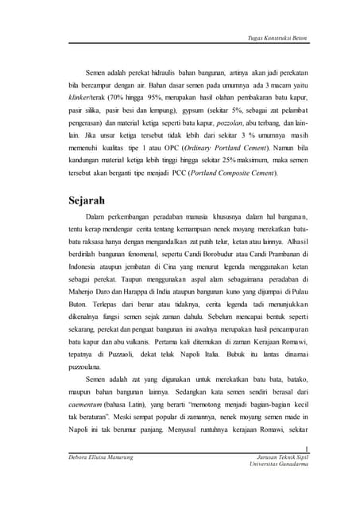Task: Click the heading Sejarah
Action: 91,199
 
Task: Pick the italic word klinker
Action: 81,96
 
